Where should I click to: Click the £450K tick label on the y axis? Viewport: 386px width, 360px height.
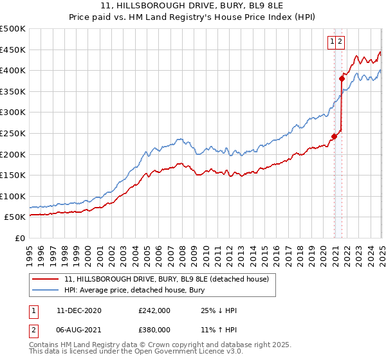tap(14, 50)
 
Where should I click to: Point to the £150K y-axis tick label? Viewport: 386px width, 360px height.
tap(14, 175)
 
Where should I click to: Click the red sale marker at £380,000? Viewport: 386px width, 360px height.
tap(342, 79)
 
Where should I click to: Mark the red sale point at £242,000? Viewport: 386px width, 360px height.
tap(335, 136)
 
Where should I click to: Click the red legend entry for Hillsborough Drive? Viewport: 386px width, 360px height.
tap(170, 278)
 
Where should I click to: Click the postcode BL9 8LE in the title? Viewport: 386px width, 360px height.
tap(228, 6)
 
